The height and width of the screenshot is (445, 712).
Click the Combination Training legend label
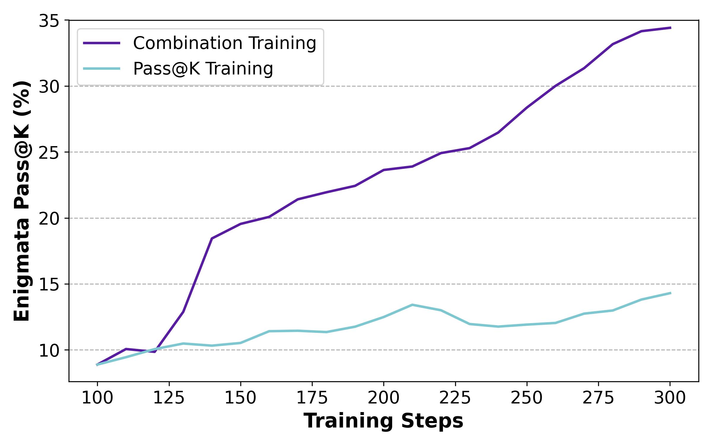pos(225,43)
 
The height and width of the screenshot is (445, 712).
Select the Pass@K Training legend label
pos(203,69)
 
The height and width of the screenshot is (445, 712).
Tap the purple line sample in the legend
pos(102,43)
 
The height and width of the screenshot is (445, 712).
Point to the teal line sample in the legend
pos(102,69)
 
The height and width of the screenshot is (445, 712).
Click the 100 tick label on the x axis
pos(97,398)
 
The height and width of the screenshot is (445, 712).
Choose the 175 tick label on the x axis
pos(312,398)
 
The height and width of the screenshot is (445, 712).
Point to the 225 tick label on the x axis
pos(455,398)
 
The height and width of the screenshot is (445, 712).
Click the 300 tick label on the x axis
pos(670,398)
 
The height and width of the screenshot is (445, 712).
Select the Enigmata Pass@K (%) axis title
pos(23,201)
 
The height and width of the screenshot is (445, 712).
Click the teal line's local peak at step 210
pos(412,305)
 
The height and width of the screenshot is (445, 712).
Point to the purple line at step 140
pos(212,238)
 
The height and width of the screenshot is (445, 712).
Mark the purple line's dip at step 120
pos(155,352)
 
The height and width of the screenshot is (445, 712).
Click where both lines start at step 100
pos(97,365)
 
